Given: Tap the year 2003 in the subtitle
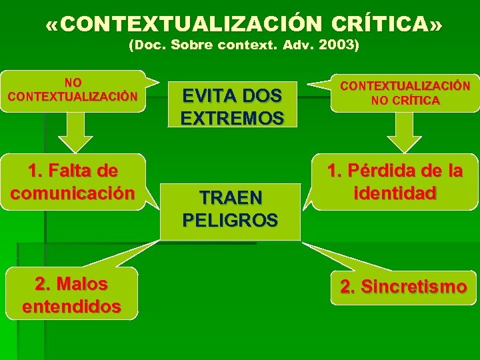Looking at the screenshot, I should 337,46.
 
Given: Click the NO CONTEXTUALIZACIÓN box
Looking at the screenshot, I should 73,90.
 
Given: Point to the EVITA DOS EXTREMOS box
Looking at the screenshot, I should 231,106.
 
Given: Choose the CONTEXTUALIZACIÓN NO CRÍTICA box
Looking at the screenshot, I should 405,93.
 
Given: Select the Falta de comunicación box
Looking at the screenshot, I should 73,183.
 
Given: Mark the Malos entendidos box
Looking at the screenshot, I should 71,295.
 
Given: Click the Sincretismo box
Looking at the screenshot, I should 403,287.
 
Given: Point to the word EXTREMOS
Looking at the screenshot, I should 232,119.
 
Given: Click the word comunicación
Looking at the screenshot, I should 73,193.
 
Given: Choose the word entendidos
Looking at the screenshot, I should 71,306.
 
